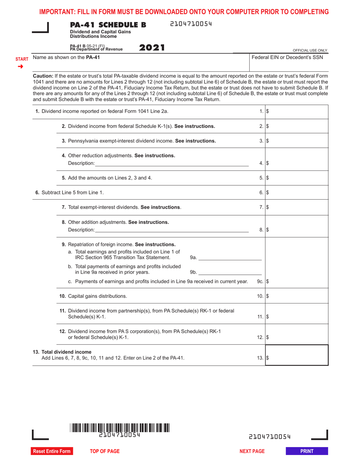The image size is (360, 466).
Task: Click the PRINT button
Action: [307, 451]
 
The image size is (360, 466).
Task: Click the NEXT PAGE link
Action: [252, 451]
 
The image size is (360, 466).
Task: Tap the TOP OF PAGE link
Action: [105, 451]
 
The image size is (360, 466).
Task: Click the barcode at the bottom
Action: [120, 428]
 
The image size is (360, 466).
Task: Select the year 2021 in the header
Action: [152, 48]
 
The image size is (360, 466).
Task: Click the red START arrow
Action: [21, 67]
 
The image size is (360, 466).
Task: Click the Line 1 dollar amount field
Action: [297, 112]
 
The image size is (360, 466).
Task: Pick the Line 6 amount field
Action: [297, 192]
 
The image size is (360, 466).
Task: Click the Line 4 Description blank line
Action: [172, 163]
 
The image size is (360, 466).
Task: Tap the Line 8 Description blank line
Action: [172, 230]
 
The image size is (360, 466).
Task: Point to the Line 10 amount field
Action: [297, 296]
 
